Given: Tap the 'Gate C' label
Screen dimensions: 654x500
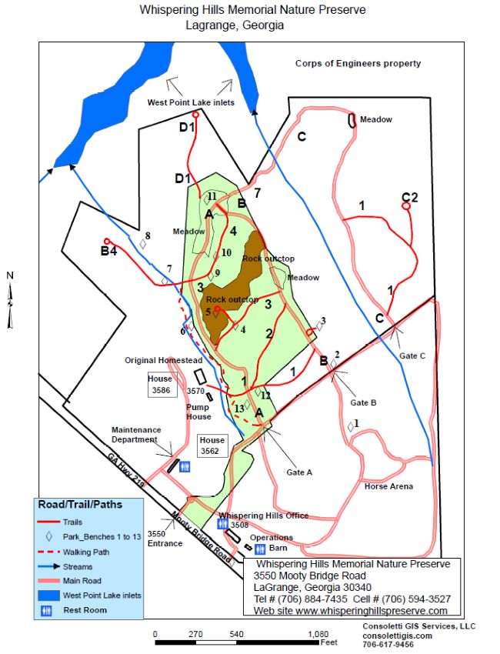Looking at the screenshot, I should coord(412,355).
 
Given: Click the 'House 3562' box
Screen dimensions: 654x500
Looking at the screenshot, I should coord(212,445).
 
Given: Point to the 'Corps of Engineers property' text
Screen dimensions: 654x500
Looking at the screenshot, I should coord(358,64).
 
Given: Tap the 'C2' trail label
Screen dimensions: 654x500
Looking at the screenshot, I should coord(409,198).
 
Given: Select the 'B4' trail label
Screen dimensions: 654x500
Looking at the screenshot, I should coord(108,251).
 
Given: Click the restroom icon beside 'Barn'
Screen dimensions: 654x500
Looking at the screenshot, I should coord(260,549).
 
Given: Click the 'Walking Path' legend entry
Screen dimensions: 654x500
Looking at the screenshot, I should coord(82,552).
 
